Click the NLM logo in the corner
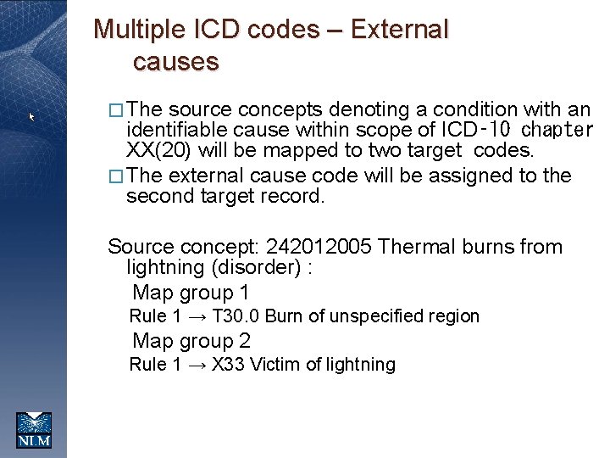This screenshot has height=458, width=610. coord(34,429)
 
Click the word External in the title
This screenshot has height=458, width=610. coord(399,30)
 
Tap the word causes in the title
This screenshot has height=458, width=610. coord(175,62)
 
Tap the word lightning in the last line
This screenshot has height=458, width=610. coord(362,365)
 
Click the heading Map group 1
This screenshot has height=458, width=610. coord(191,293)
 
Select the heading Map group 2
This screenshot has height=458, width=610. coord(191,341)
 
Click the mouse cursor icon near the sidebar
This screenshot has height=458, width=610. coord(32,117)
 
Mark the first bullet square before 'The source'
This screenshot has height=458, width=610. coord(117,109)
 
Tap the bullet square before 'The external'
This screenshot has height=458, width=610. coord(117,176)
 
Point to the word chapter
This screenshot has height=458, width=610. coord(557,131)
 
